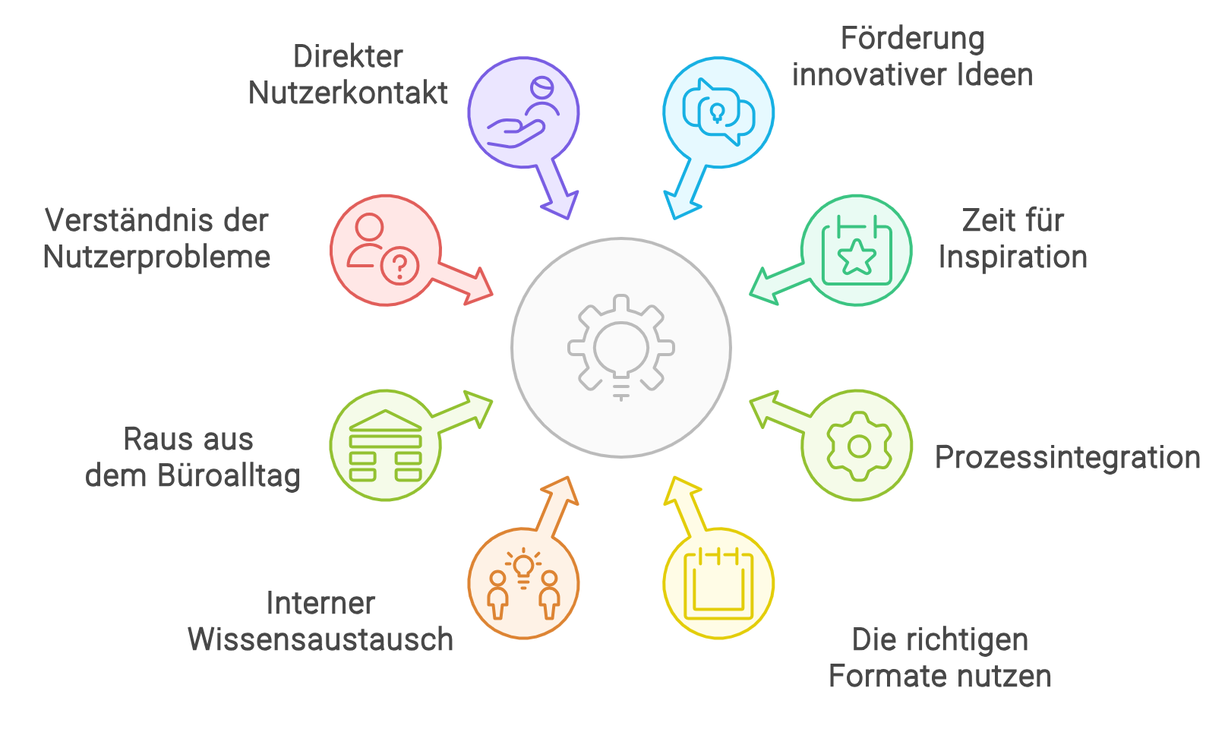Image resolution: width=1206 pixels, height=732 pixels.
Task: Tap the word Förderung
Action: (913, 39)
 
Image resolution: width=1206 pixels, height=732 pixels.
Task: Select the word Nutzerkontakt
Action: (348, 93)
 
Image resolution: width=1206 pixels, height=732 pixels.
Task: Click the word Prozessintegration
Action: (1068, 458)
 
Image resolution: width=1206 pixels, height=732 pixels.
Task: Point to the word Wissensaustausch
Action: (320, 639)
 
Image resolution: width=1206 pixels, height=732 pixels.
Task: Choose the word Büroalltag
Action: (229, 476)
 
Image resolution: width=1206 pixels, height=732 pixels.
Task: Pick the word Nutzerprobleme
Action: (156, 257)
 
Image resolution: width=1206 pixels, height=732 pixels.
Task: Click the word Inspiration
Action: (1012, 257)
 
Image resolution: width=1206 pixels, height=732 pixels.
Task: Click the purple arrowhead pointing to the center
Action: (561, 204)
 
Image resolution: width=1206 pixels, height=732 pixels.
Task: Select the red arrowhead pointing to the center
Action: (477, 286)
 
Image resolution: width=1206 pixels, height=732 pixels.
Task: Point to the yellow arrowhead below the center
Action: (681, 491)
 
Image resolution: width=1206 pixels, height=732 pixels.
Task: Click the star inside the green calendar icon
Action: (857, 257)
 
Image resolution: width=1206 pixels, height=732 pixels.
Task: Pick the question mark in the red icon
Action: (399, 265)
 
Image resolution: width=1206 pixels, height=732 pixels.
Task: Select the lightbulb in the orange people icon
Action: (523, 569)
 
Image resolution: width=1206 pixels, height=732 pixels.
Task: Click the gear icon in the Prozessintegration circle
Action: (859, 446)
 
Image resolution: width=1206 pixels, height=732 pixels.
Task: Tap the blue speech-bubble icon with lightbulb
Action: (718, 112)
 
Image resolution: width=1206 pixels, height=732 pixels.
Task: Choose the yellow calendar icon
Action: (718, 585)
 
